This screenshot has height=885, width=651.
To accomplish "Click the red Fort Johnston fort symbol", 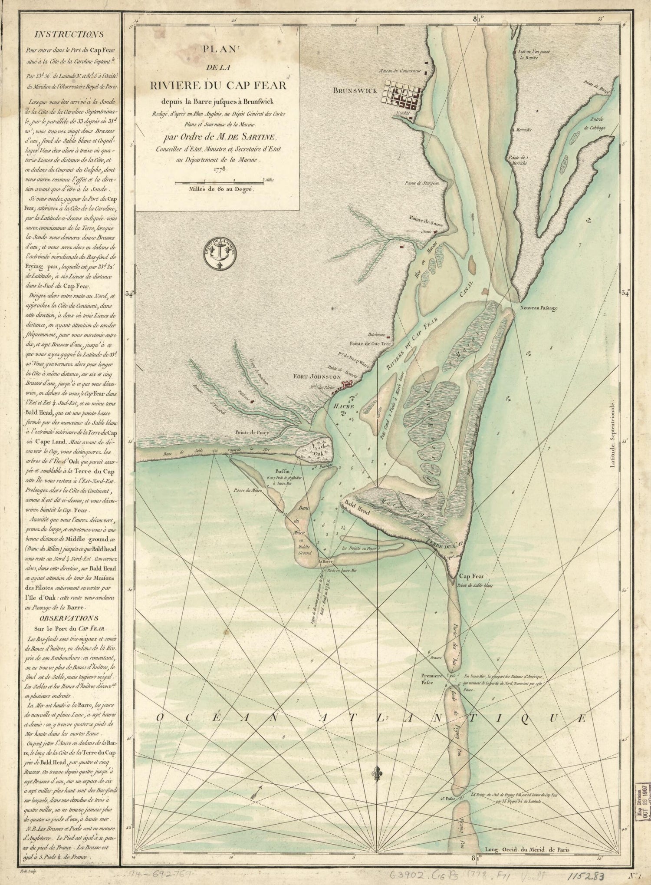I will tap(347, 384).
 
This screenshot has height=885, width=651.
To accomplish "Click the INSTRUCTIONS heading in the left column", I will tap(69, 34).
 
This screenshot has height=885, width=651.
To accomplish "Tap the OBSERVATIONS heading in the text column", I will tap(69, 618).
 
